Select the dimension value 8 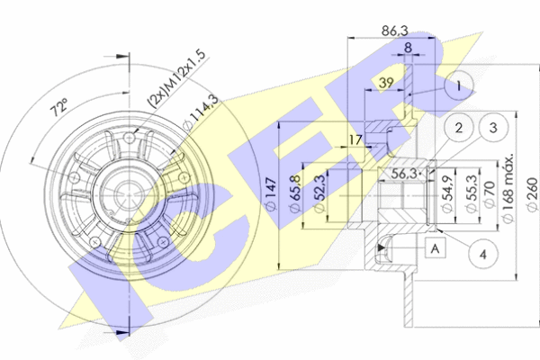click(x=408, y=49)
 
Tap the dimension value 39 click(x=387, y=84)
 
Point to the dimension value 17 click(x=356, y=139)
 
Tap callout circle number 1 click(x=460, y=86)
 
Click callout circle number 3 click(x=493, y=129)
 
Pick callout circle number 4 click(x=482, y=255)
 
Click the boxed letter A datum click(x=436, y=247)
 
